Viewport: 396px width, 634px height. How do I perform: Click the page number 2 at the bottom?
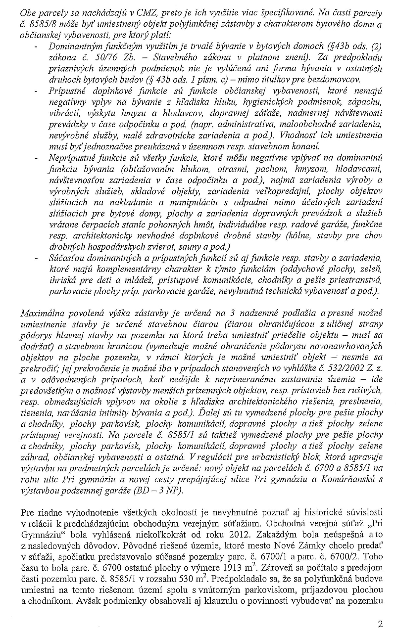(x=380, y=624)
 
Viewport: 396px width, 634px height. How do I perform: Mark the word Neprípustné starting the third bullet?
(x=73, y=157)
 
